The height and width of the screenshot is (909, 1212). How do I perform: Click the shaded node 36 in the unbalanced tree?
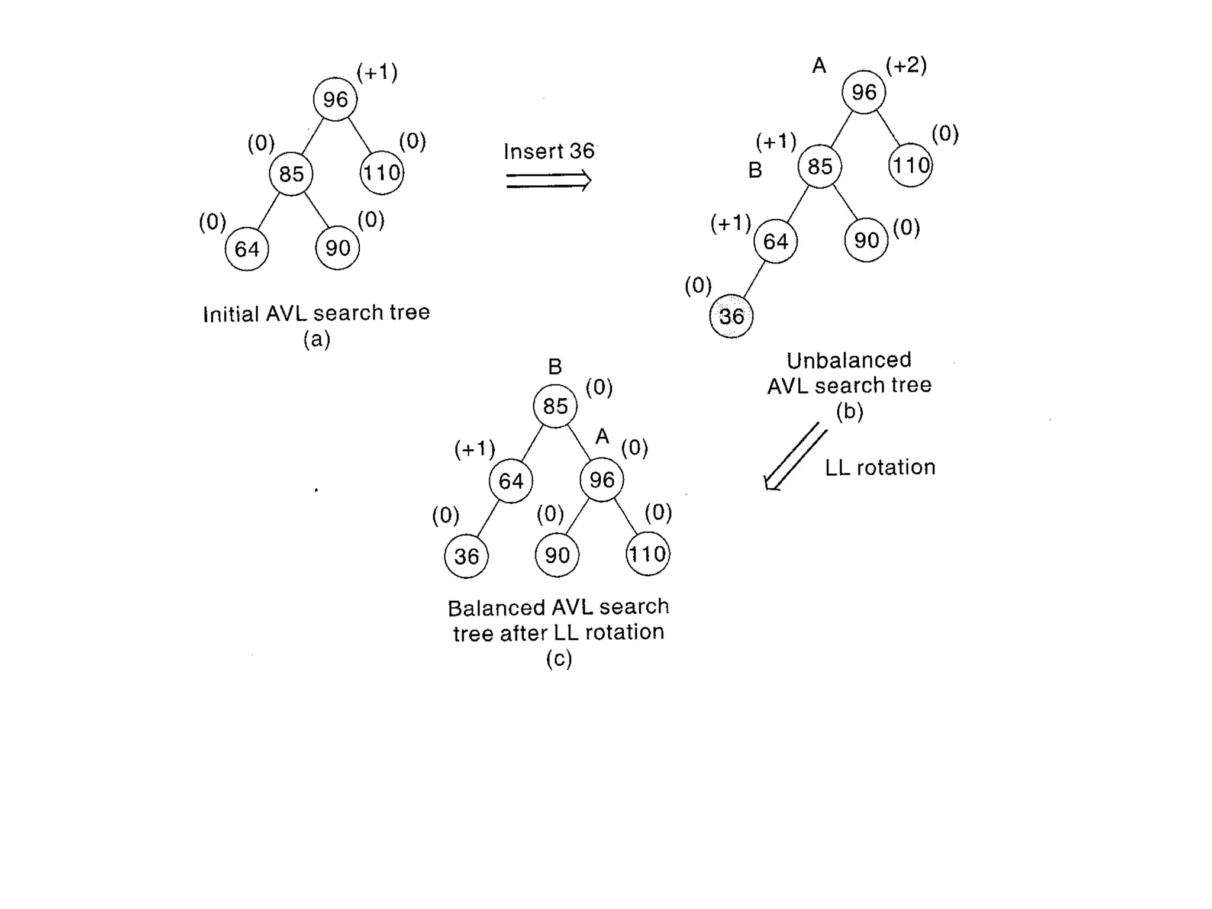(731, 316)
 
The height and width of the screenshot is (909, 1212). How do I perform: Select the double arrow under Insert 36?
(549, 180)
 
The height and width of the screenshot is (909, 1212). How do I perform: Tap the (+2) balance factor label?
(906, 65)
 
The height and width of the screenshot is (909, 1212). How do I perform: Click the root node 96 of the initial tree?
(335, 99)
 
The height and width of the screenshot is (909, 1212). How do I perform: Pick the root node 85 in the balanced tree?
(555, 406)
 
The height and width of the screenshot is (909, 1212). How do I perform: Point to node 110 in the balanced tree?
(647, 555)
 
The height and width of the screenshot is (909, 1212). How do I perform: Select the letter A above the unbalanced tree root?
(819, 66)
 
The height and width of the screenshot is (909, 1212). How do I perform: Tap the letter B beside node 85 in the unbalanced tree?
(755, 170)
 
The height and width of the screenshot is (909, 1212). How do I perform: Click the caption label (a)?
(317, 339)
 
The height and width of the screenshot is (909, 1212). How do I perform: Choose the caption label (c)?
(559, 658)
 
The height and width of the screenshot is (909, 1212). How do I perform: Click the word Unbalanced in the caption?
(849, 360)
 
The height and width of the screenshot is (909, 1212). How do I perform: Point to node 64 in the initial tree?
(247, 249)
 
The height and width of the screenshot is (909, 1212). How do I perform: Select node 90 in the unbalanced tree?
(866, 240)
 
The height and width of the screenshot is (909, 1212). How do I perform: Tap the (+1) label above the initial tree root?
(377, 72)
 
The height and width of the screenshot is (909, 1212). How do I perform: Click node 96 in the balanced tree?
(602, 480)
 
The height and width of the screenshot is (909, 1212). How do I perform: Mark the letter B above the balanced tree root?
(555, 367)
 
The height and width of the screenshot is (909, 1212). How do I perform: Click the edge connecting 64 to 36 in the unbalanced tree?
(753, 279)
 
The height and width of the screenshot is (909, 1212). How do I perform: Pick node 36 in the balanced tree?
(466, 556)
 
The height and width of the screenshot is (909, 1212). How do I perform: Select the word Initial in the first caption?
(231, 314)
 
